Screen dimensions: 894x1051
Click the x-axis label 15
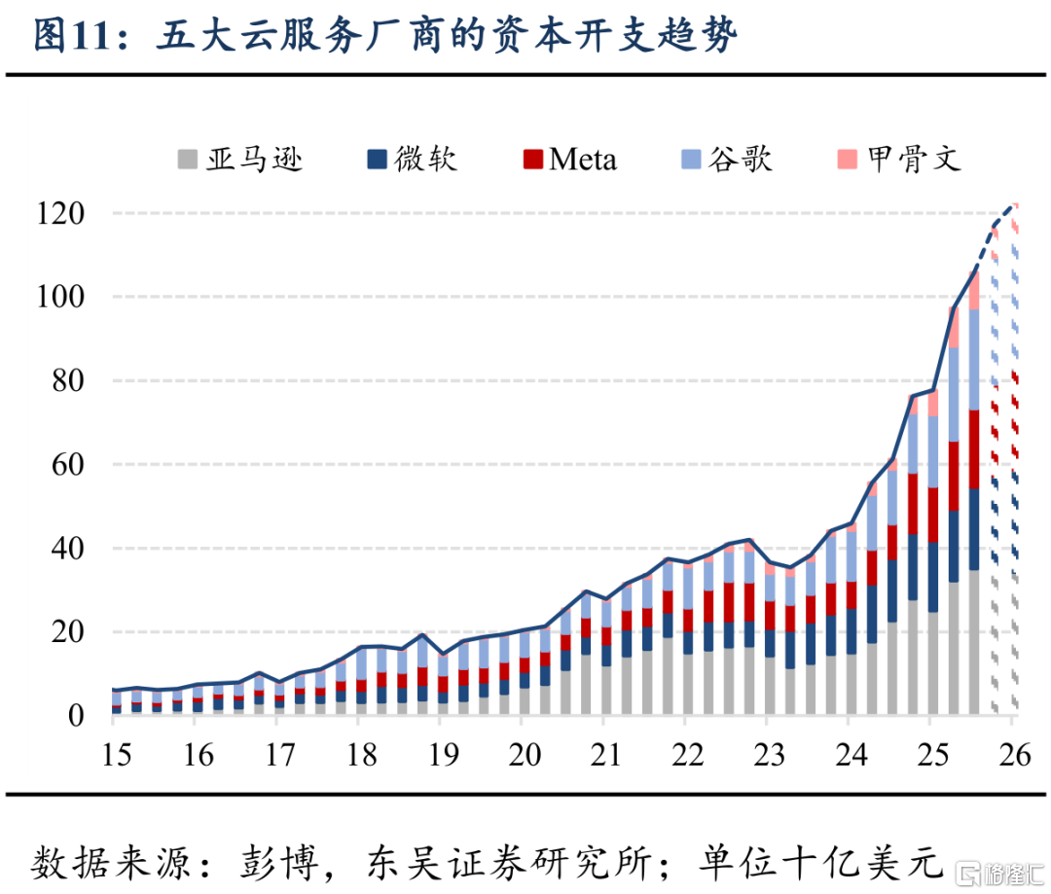[117, 755]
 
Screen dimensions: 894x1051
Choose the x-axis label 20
[523, 755]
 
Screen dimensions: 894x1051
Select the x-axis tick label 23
[767, 755]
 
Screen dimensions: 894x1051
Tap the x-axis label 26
[1012, 755]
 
